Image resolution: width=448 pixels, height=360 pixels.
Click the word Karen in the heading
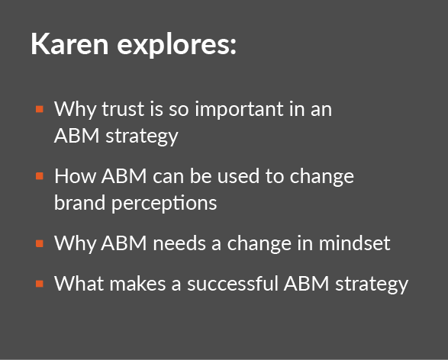(69, 43)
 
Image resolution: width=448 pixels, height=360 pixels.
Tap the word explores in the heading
(176, 46)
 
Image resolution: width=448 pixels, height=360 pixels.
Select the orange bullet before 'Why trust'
(40, 109)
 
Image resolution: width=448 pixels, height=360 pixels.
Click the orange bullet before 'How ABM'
(40, 176)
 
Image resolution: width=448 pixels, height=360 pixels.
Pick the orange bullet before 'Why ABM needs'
(40, 243)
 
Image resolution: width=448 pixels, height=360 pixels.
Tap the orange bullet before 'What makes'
(40, 284)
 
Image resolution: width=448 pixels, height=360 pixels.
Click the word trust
(123, 109)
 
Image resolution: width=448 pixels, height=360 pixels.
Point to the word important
(239, 109)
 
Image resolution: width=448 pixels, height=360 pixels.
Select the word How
(75, 176)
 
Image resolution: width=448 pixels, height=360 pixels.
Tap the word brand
(79, 203)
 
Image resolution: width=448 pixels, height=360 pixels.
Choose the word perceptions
(164, 204)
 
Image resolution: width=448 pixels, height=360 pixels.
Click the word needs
(179, 243)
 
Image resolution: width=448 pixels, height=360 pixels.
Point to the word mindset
(354, 243)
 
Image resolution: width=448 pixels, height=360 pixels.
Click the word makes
(137, 284)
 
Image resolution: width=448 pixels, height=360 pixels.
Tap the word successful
(232, 284)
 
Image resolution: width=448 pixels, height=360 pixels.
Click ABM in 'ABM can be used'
(124, 176)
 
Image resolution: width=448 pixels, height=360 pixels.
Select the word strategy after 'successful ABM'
(372, 285)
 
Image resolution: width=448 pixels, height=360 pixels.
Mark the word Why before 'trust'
(75, 110)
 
